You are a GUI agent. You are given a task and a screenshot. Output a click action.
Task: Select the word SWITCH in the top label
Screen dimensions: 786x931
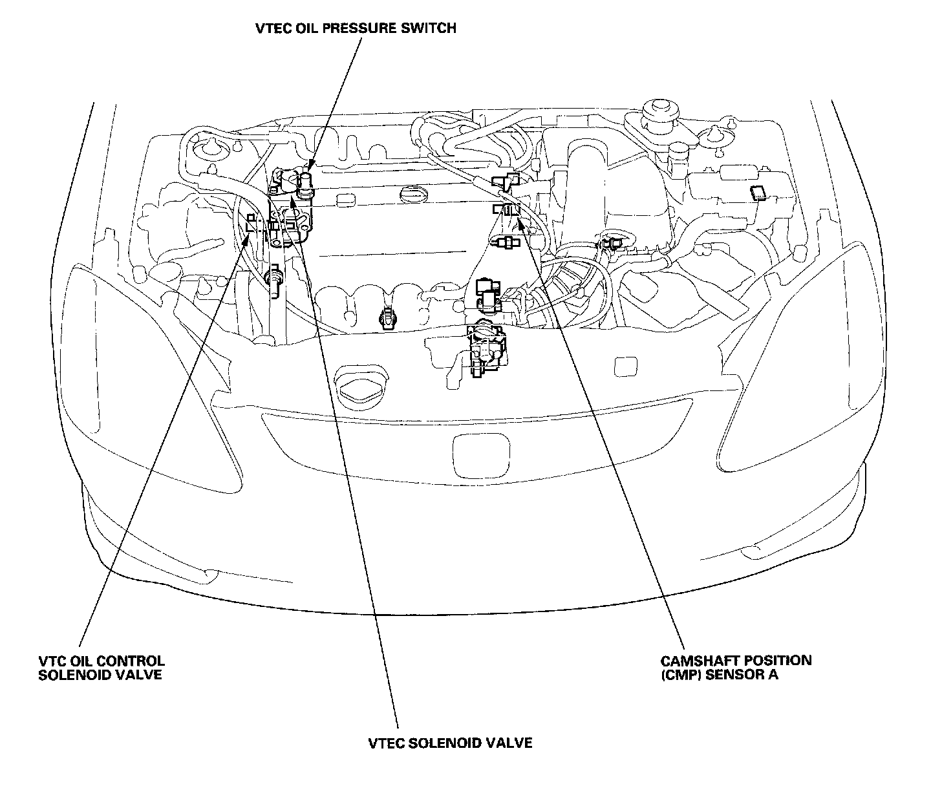[433, 28]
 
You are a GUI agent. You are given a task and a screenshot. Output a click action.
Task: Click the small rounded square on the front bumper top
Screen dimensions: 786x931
[625, 366]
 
